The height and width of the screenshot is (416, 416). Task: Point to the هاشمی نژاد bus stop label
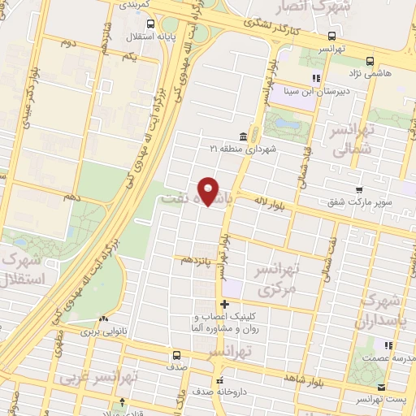391,72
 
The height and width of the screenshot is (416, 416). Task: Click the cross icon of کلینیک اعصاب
224,305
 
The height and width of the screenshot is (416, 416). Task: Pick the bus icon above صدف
176,355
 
